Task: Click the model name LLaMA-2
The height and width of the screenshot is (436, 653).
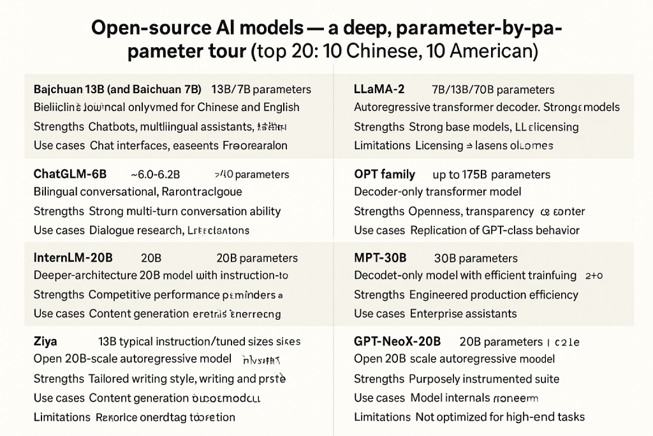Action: pyautogui.click(x=379, y=89)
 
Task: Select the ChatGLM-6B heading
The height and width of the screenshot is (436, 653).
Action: pyautogui.click(x=70, y=174)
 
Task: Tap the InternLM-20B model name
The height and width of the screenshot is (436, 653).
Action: pyautogui.click(x=73, y=258)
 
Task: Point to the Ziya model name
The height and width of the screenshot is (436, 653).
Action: pyautogui.click(x=45, y=342)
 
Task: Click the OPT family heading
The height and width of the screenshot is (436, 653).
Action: pyautogui.click(x=385, y=174)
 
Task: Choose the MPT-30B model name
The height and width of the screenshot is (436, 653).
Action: pyautogui.click(x=380, y=258)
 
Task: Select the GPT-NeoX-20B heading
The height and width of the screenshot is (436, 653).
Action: pyautogui.click(x=397, y=342)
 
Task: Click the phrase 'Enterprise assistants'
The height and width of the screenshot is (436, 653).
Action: pyautogui.click(x=463, y=313)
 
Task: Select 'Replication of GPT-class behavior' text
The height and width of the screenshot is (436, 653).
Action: pyautogui.click(x=495, y=230)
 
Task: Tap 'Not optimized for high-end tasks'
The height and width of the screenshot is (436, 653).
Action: pyautogui.click(x=500, y=417)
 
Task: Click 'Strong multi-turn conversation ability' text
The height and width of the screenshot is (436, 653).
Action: pyautogui.click(x=184, y=211)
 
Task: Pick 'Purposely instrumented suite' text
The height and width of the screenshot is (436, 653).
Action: pyautogui.click(x=484, y=379)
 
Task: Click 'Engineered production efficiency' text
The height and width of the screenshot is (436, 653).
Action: pyautogui.click(x=494, y=294)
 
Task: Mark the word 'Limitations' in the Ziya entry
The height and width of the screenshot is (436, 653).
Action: pyautogui.click(x=62, y=417)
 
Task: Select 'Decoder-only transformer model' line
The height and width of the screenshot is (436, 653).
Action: pyautogui.click(x=437, y=192)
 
